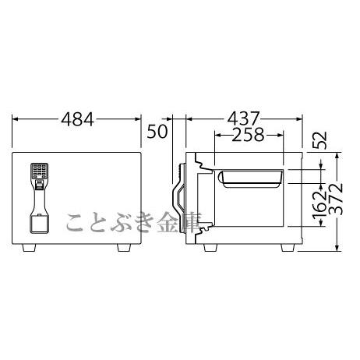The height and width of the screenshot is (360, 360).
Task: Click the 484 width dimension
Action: click(x=77, y=119)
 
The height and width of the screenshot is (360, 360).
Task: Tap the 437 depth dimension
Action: click(x=244, y=119)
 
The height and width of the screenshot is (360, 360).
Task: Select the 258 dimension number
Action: click(x=248, y=135)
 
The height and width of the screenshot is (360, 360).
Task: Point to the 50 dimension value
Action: click(x=157, y=131)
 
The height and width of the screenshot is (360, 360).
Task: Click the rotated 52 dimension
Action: click(x=319, y=140)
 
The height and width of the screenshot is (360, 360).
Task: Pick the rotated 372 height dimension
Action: click(x=336, y=199)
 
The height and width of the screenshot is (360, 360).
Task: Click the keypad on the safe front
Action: click(x=39, y=171)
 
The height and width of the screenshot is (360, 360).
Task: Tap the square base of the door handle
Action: click(x=39, y=223)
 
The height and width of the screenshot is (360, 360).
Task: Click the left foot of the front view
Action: click(x=29, y=248)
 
